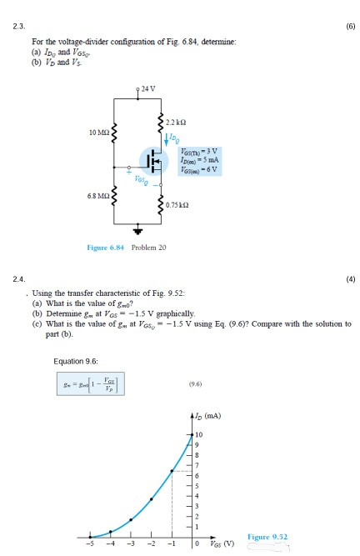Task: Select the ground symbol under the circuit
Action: tap(137, 230)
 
